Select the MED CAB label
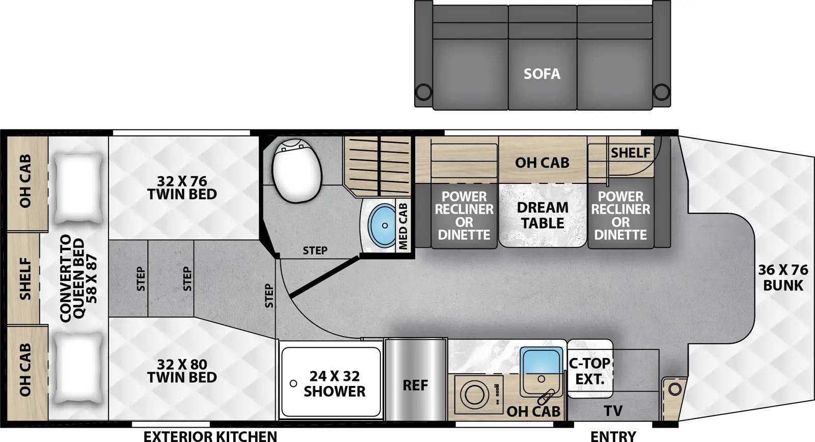pos(403,226)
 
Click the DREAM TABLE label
pos(542,215)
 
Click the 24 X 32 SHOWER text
pos(334,383)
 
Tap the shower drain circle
pos(293,383)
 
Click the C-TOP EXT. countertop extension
pos(589,371)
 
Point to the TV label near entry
pos(613,410)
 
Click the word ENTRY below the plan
pos(613,435)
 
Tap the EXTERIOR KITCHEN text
pos(210,435)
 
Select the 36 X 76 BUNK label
pos(783,278)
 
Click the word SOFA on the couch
pos(542,74)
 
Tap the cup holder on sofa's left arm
pos(423,92)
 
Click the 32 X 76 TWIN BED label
pos(182,187)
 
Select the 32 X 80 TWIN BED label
pos(182,371)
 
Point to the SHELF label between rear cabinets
pos(25,279)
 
